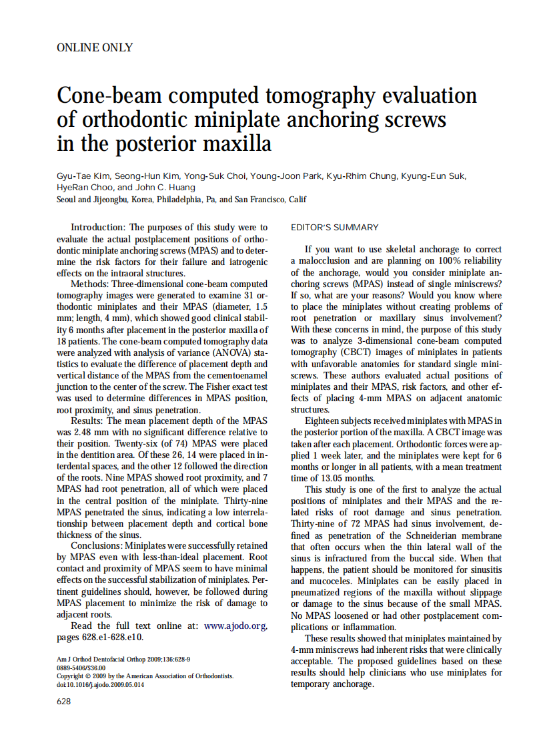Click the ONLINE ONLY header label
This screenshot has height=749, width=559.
(x=95, y=47)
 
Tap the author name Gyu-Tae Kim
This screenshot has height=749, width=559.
(x=83, y=176)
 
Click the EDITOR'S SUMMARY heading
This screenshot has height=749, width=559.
(x=334, y=228)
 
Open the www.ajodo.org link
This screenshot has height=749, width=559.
(x=235, y=626)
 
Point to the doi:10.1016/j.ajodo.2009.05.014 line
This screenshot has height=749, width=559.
(x=100, y=684)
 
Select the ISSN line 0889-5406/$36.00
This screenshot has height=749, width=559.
(x=81, y=667)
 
